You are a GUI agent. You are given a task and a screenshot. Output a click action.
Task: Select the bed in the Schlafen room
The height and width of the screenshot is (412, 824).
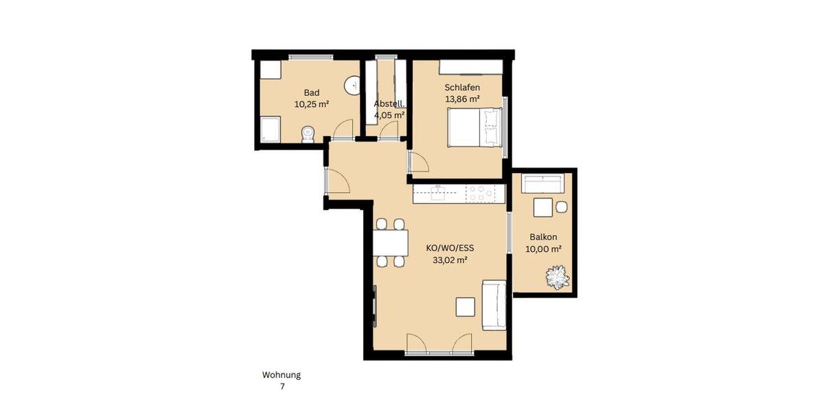474,128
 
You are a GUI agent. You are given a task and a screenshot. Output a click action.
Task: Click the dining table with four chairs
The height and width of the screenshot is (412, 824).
390,243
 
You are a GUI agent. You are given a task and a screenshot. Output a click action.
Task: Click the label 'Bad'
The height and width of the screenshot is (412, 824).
312,93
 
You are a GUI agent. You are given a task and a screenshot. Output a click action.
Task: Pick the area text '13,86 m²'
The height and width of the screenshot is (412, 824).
462,99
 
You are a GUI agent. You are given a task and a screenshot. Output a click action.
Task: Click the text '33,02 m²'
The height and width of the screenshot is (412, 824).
450,260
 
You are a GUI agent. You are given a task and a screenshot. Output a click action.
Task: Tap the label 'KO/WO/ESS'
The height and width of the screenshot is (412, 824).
450,249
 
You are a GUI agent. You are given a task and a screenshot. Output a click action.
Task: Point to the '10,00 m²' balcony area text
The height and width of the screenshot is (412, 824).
544,249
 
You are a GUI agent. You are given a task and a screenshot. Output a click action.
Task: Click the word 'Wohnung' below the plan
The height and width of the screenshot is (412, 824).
282,375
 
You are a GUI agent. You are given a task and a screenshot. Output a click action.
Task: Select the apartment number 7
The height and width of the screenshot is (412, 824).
282,387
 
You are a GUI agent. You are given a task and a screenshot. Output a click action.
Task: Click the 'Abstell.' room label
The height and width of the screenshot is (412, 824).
389,104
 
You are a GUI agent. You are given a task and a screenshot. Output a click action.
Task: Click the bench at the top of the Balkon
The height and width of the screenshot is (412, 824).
543,183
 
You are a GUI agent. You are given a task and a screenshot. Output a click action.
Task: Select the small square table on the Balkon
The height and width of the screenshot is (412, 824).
542,207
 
